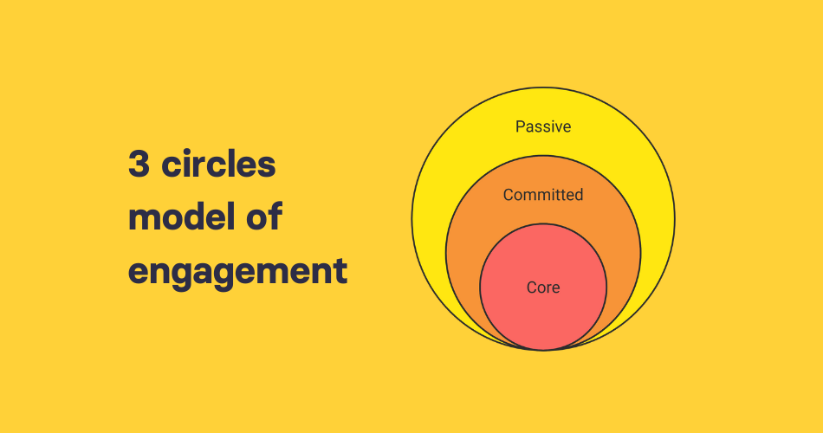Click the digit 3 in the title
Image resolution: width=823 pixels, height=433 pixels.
(139, 165)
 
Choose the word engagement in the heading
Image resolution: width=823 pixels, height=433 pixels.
(237, 272)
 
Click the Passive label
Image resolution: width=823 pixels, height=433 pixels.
(543, 126)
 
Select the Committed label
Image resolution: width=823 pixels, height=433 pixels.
(543, 195)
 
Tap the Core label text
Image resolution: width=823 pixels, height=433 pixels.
(543, 288)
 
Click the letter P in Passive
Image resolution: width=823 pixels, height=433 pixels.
(520, 126)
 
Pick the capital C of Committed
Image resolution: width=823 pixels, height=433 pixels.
(509, 195)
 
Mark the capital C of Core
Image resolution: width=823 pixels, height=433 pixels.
(532, 288)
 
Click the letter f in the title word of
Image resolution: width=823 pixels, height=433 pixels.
(276, 216)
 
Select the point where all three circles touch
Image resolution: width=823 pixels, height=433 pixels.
(543, 350)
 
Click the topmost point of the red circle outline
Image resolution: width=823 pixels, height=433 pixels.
(543, 224)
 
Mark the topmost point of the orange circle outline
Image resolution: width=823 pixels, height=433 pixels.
(543, 156)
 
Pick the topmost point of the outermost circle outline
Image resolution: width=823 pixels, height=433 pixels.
(543, 87)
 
